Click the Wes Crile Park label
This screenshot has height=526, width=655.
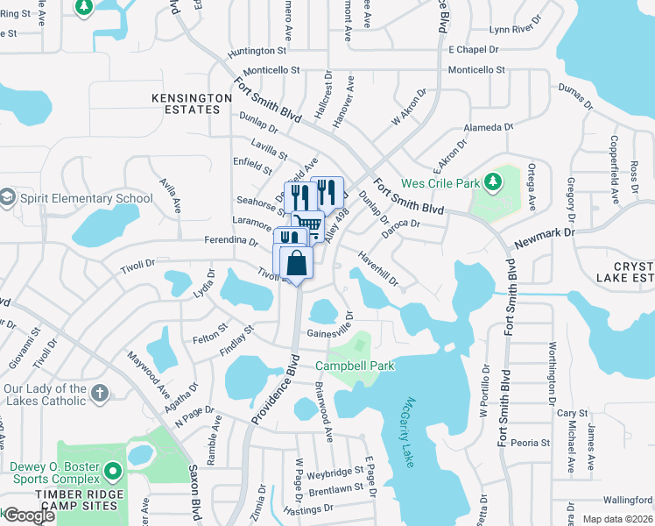(439, 184)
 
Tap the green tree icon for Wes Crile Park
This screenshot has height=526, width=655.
(494, 182)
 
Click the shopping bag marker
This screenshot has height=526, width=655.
(297, 262)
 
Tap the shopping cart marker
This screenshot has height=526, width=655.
(306, 226)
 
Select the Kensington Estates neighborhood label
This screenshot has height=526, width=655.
(186, 103)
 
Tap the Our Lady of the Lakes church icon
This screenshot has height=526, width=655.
(100, 393)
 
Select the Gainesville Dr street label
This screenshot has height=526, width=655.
(329, 332)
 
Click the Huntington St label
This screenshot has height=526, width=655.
(257, 53)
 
